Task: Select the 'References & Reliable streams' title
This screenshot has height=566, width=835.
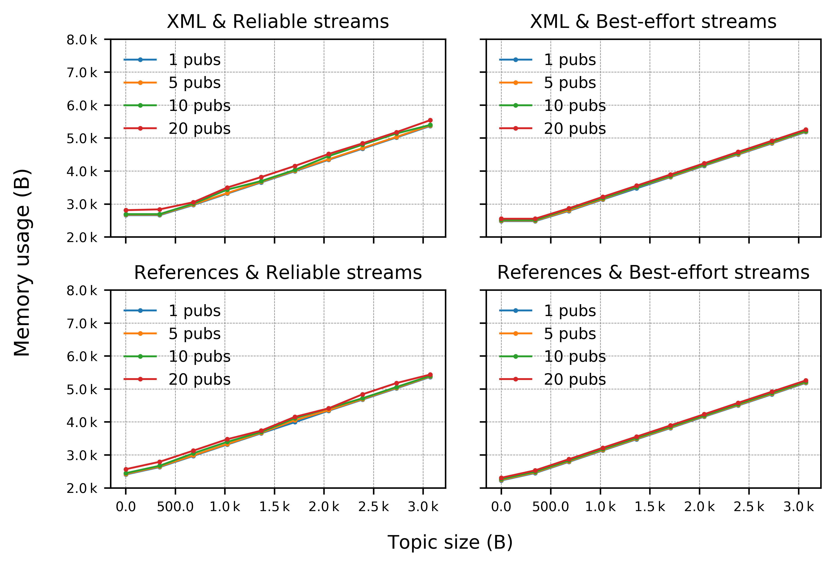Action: tap(278, 273)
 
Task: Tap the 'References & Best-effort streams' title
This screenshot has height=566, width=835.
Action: tap(653, 273)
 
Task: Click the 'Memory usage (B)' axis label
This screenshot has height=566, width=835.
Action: tap(22, 263)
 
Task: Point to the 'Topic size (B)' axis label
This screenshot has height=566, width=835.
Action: tap(450, 542)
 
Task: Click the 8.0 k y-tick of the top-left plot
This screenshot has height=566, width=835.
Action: tap(82, 40)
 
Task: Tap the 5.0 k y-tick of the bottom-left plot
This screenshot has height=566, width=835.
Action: tap(82, 389)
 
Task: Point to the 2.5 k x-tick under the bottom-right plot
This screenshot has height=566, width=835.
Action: tap(749, 507)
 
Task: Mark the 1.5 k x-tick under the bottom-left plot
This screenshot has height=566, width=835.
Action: tap(274, 507)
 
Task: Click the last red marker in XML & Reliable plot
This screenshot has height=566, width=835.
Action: tap(430, 120)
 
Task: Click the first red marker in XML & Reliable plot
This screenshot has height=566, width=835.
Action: tap(126, 210)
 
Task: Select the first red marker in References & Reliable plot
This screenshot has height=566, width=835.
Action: tap(126, 469)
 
